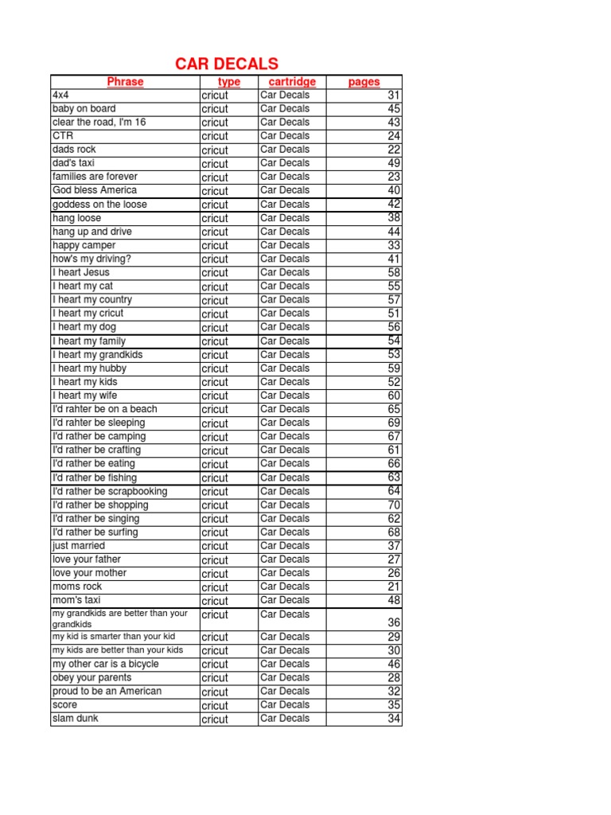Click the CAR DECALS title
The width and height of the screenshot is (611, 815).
tap(227, 64)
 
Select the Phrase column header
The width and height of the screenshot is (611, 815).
tap(125, 81)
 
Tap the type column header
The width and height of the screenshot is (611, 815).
tap(228, 82)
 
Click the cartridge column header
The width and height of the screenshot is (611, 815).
tap(292, 81)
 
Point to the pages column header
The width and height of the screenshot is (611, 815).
tap(364, 82)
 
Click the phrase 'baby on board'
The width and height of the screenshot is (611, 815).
tap(84, 108)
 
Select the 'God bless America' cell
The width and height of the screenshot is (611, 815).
tap(94, 190)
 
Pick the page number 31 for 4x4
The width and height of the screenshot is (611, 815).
tap(393, 96)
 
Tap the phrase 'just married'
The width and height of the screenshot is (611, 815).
tap(79, 546)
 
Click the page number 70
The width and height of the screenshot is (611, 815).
tap(393, 505)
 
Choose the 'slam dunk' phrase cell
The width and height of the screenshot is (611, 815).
tap(76, 719)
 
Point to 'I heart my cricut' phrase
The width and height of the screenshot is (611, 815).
tap(88, 314)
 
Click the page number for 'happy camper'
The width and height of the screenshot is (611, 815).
tap(393, 246)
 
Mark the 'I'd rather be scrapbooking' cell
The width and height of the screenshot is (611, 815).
tap(110, 491)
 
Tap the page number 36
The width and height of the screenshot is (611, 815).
tap(393, 623)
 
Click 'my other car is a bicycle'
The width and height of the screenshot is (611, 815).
tap(105, 664)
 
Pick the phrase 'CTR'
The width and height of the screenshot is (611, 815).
tap(63, 136)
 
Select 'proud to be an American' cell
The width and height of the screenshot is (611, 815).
tap(107, 691)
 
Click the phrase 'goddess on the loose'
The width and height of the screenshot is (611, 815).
tap(99, 205)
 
